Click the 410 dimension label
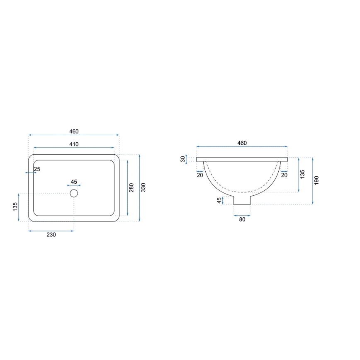pos(74,144)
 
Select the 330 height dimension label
pos(144,188)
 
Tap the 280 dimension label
pos(131,188)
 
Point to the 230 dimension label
pos(51,235)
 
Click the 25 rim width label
pos(37,169)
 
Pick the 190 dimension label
pos(316,180)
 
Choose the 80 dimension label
pos(242,220)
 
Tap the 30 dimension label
pos(183,159)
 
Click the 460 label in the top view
pos(74,131)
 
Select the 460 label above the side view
pos(242,143)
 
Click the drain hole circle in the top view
pos(74,193)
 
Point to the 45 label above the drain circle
pos(74,182)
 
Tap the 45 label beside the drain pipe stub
pos(219,200)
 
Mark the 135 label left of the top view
pos(15,207)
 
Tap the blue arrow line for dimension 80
pos(242,215)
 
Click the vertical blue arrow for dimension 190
pos(312,181)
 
